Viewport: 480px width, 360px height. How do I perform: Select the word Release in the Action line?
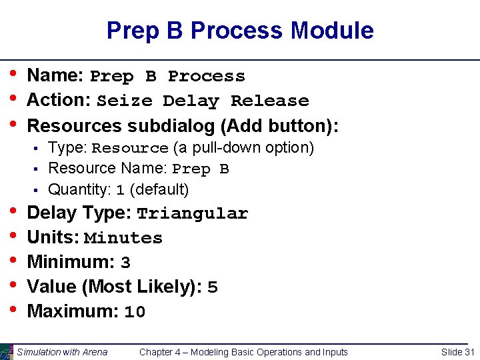click(269, 101)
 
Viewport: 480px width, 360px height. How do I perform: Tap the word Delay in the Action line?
click(191, 101)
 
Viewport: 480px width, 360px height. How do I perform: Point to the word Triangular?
click(192, 214)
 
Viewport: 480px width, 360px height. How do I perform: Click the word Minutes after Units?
click(123, 239)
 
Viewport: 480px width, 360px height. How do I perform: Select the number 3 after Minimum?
click(125, 263)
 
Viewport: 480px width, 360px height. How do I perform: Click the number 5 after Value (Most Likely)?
click(213, 288)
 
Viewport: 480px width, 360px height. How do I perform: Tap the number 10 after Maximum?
click(135, 312)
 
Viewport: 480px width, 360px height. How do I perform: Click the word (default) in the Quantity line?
click(159, 190)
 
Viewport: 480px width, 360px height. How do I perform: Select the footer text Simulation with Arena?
click(62, 352)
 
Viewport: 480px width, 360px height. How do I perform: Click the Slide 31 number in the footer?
click(458, 352)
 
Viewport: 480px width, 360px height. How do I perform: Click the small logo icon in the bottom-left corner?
click(7, 352)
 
